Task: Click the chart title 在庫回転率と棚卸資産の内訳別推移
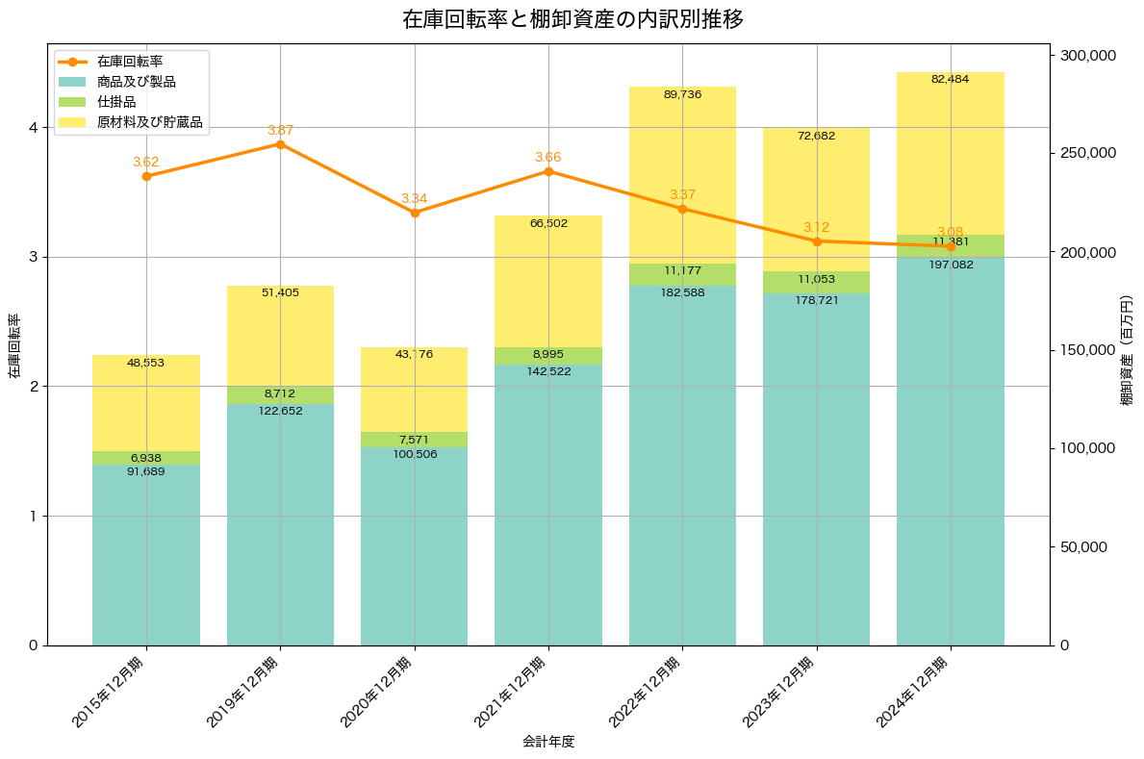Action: coord(572,19)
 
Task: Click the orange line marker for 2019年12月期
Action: coord(280,144)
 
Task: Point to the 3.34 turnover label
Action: coord(414,198)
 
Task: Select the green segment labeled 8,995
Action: coord(548,356)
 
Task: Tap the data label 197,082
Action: coord(951,264)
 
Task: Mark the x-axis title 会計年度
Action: coord(548,742)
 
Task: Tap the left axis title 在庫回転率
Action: coord(14,346)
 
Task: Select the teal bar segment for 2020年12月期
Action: coord(414,548)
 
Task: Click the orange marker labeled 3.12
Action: coord(817,241)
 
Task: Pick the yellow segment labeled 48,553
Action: coord(146,404)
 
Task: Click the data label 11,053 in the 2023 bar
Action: coord(817,279)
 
